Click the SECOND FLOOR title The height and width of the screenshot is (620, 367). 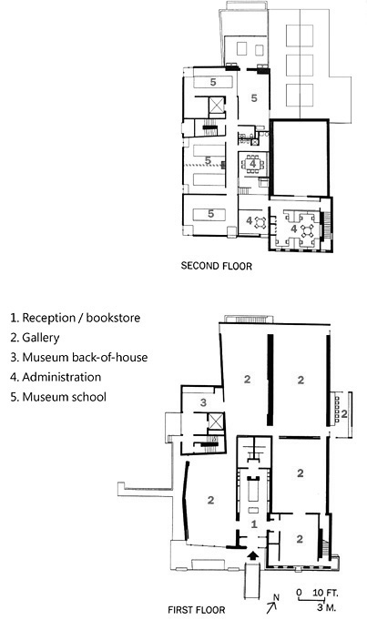tap(217, 266)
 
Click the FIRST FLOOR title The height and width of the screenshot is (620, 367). tap(197, 610)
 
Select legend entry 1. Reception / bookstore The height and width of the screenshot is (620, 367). tap(76, 318)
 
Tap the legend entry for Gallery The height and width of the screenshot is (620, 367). tap(35, 338)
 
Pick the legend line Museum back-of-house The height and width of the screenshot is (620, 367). tap(79, 358)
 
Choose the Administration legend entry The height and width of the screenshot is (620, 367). tap(56, 377)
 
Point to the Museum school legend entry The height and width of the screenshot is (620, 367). tap(58, 397)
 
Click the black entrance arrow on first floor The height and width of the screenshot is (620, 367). tap(252, 555)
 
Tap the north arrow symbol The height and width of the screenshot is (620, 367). tap(272, 603)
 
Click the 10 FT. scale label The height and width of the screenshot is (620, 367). tap(325, 593)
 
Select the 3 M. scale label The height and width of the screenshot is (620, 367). tap(326, 607)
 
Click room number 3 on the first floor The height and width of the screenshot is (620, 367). tap(203, 402)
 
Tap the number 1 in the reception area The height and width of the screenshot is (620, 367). tap(254, 524)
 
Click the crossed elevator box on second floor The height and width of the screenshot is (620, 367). tap(217, 106)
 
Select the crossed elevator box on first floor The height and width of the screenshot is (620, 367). tap(216, 422)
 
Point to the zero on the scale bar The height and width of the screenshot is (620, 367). tap(299, 593)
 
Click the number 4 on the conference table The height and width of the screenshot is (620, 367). tap(252, 163)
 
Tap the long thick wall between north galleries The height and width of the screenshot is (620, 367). tap(270, 380)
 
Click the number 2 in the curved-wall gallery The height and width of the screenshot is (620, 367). tap(210, 500)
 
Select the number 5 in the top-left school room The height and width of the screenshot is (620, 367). tap(213, 82)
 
